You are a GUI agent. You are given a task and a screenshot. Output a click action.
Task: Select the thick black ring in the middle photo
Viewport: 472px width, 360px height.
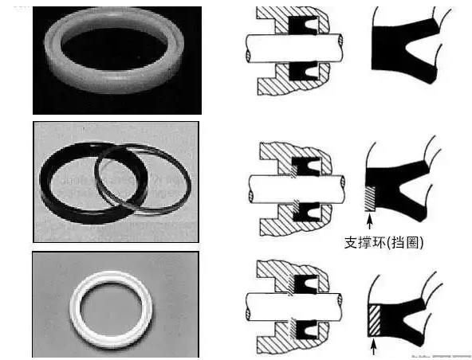coord(48,193)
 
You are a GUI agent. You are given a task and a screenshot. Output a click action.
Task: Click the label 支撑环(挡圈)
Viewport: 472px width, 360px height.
coord(383,242)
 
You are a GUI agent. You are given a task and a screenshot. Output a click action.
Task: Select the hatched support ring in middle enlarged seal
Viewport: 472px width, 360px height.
coord(370,199)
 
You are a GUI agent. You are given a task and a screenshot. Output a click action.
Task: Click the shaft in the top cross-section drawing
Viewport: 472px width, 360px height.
coord(294,48)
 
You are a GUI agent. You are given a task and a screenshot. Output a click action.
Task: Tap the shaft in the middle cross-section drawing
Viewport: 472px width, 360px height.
coord(297,190)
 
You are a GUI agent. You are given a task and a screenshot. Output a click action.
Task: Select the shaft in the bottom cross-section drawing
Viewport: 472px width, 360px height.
coord(293,307)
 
